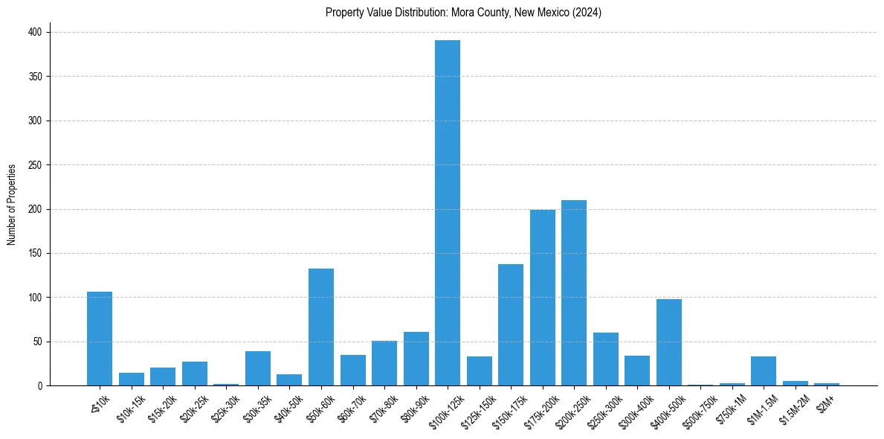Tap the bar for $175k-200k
(543, 298)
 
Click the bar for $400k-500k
(669, 342)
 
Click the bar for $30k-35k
(258, 368)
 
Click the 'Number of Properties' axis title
(12, 204)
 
